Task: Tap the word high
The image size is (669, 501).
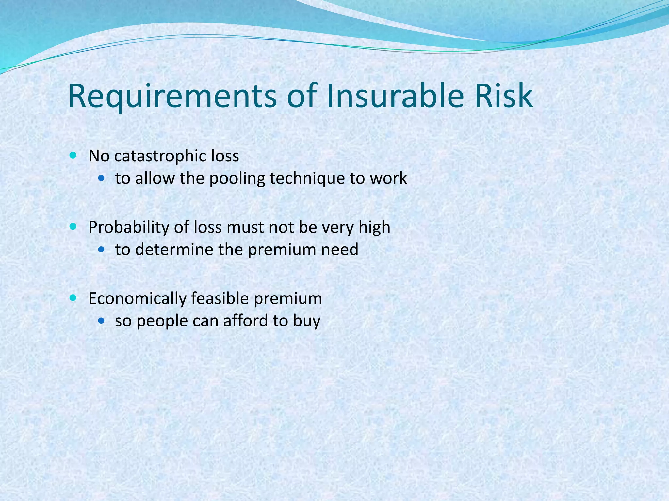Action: (374, 227)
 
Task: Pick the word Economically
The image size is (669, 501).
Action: (137, 298)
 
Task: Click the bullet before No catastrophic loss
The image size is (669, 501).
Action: (73, 155)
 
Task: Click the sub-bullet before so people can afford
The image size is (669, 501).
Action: (102, 321)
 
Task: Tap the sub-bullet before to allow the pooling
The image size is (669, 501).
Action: (102, 178)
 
